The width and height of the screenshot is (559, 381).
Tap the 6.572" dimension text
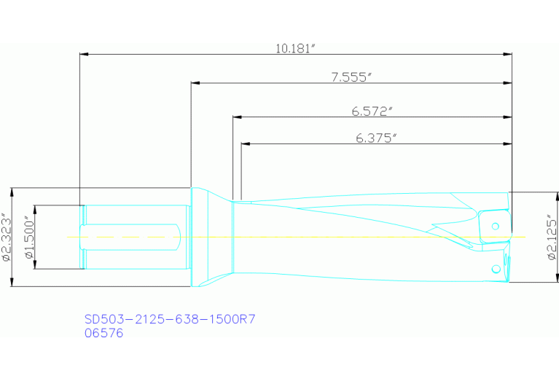pyautogui.click(x=372, y=111)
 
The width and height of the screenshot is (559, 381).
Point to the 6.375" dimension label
pyautogui.click(x=376, y=138)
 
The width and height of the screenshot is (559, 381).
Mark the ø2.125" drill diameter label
pyautogui.click(x=551, y=237)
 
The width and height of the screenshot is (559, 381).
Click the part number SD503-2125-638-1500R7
pyautogui.click(x=169, y=320)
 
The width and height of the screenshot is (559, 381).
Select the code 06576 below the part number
pyautogui.click(x=104, y=333)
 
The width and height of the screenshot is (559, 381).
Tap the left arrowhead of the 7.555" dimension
pyautogui.click(x=195, y=82)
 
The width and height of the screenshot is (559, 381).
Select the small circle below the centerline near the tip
pyautogui.click(x=496, y=270)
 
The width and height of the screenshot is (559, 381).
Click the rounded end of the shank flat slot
pyautogui.click(x=177, y=237)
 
